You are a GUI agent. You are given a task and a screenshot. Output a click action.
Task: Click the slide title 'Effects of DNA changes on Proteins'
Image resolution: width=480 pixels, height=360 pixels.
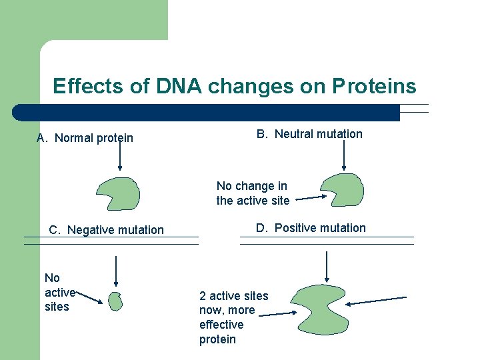point(234,87)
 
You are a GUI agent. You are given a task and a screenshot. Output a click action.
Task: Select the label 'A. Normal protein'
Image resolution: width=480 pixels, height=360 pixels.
point(85,138)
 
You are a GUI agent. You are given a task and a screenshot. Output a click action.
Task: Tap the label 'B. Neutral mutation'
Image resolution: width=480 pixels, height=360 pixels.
point(309,134)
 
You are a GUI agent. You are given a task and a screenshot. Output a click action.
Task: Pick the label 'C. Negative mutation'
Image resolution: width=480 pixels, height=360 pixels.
point(106,230)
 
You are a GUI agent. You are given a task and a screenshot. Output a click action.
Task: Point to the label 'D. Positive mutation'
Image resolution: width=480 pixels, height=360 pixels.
point(311,228)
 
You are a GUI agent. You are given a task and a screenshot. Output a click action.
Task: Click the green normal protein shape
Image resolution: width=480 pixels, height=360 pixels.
point(118,194)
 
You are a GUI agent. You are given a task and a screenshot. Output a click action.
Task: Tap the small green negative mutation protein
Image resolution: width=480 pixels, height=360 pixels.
point(116,301)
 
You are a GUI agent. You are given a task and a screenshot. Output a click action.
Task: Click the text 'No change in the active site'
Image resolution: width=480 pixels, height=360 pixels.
point(253,193)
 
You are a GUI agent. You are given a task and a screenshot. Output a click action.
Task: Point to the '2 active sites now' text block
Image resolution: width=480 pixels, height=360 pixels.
point(233,317)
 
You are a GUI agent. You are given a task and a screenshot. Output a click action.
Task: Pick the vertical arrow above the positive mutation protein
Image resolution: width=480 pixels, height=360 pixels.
point(326,266)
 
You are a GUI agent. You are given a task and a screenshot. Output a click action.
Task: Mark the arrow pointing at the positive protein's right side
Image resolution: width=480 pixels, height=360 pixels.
point(376,301)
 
